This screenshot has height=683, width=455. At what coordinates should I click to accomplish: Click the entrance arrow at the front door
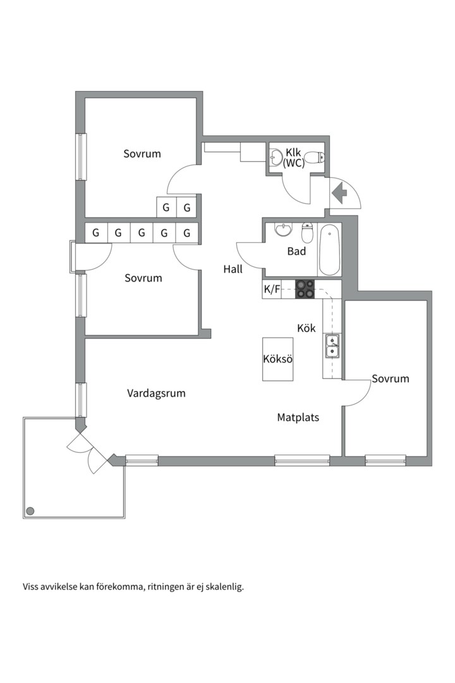point(339,192)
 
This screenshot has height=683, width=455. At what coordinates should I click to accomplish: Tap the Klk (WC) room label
point(293,157)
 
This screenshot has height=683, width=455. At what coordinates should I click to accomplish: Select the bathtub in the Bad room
point(329,250)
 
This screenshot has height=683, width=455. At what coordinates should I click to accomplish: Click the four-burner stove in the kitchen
point(305,289)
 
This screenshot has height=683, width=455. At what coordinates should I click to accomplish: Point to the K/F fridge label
point(272,289)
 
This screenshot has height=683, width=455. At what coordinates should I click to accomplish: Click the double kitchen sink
point(332,346)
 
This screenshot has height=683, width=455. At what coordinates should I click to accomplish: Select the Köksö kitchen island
point(278,359)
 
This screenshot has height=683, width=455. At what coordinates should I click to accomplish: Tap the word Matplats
point(298,417)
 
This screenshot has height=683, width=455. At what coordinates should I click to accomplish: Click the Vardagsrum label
point(156,393)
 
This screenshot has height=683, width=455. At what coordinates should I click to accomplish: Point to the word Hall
point(233,269)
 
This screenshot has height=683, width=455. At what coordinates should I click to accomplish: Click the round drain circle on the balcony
point(30,511)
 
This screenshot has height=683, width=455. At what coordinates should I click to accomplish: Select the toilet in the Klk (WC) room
point(314,157)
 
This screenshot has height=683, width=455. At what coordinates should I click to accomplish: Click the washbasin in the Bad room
point(284,230)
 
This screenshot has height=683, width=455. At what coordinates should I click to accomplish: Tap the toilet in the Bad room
point(307,233)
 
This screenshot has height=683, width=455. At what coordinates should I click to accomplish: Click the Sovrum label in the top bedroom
point(142,154)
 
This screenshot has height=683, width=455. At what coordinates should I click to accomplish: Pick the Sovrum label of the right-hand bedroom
point(391,379)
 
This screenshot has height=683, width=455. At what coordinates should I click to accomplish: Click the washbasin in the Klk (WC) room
point(276,157)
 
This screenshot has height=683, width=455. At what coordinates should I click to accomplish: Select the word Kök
point(306,328)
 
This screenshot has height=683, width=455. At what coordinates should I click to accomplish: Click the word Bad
point(296,251)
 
